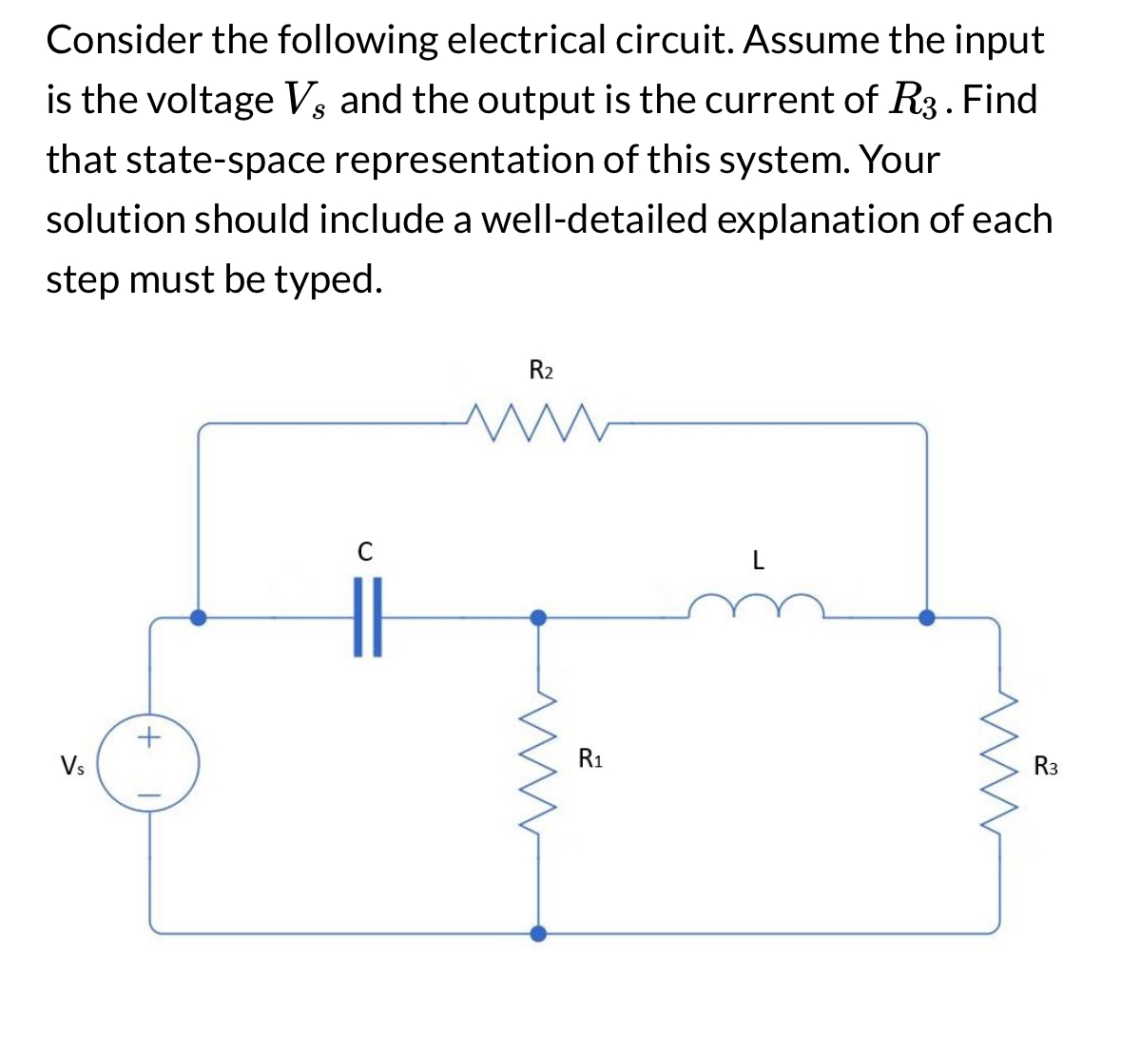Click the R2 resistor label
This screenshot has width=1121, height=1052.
pos(541,370)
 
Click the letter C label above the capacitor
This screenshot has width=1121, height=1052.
pos(364,551)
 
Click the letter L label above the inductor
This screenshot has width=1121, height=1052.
pos(757,561)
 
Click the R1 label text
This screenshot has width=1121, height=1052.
pos(591,759)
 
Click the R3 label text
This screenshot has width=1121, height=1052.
pos(1046,765)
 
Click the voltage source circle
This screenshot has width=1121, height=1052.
pos(150,763)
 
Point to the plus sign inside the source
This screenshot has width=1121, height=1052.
pos(150,736)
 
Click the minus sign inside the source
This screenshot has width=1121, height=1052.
pos(150,790)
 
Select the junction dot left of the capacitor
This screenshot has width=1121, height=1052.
pos(198,617)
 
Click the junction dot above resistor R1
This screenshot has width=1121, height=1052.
pos(538,617)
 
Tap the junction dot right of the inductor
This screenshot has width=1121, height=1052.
pos(926,617)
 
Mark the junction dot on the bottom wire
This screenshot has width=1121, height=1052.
pos(538,932)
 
